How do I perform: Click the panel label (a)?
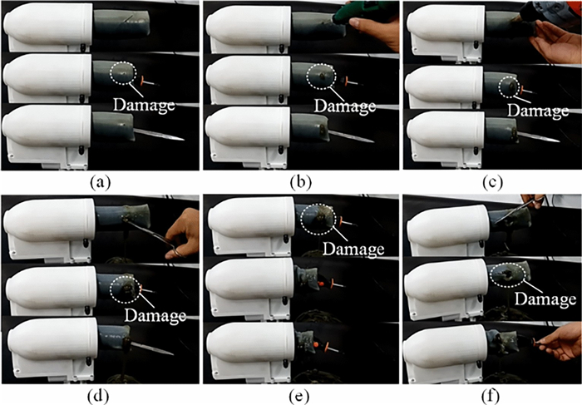pos(101,182)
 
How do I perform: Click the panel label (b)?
pos(301,182)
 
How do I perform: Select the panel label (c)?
pos(492,182)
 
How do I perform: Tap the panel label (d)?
pos(98,397)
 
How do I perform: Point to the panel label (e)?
pos(298,397)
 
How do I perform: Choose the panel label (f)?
pos(492,397)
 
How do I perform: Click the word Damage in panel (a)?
pos(144,105)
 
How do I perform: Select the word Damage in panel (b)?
pos(345,106)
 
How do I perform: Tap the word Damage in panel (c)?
pos(538,111)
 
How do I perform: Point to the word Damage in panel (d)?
pos(155,315)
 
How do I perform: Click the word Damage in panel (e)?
pos(353,249)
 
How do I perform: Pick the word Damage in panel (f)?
pos(545,299)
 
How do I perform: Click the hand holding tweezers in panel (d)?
pos(182,234)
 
